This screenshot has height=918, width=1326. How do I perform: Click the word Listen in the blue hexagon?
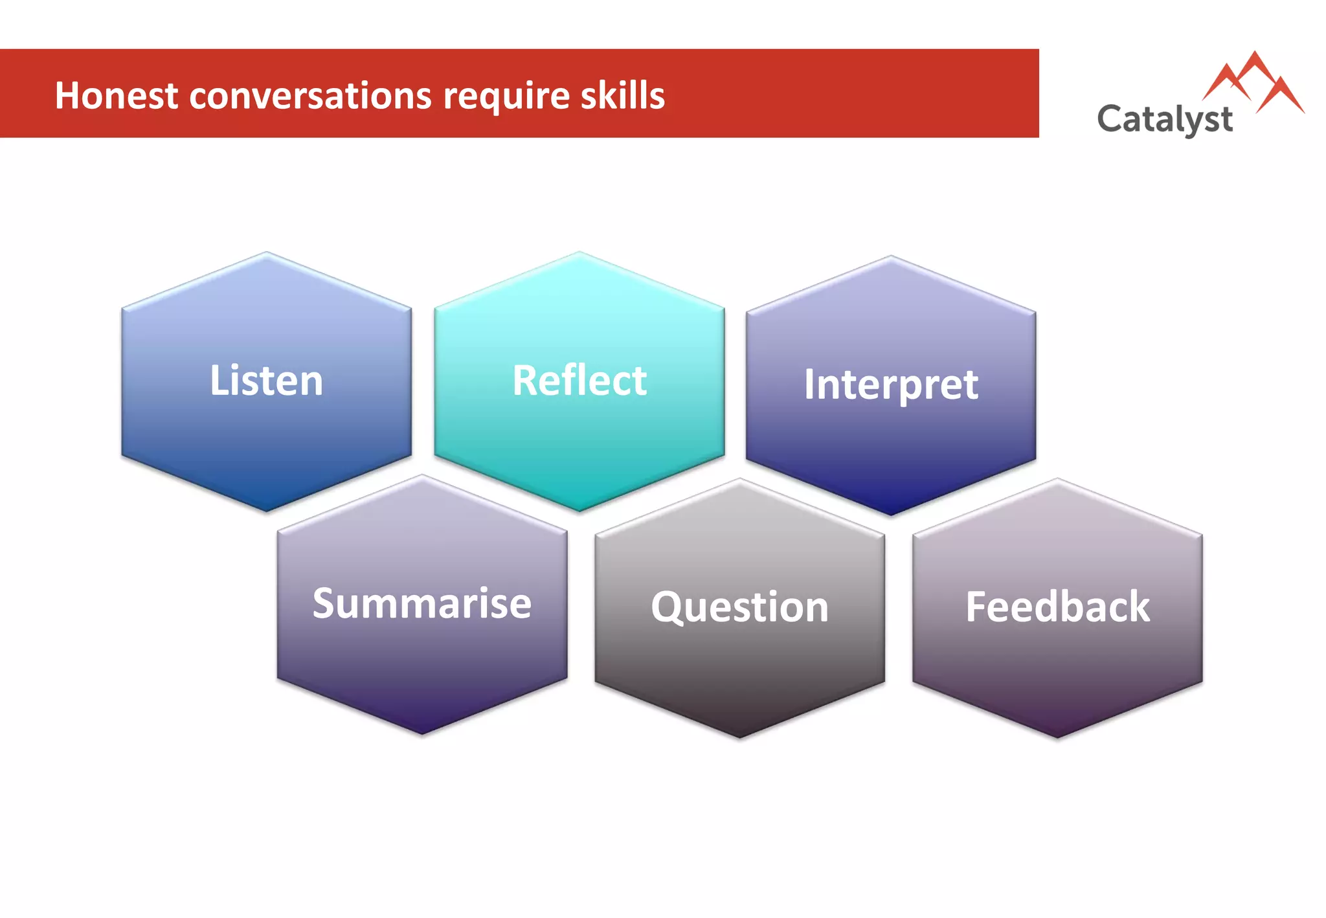pyautogui.click(x=266, y=381)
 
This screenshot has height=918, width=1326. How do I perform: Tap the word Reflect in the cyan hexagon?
pyautogui.click(x=579, y=381)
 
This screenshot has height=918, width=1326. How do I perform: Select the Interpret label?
pyautogui.click(x=891, y=385)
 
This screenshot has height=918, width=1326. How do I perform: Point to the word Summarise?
pyautogui.click(x=422, y=603)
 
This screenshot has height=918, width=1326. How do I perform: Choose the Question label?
pyautogui.click(x=740, y=607)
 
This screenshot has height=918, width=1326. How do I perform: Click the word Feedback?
pyautogui.click(x=1057, y=607)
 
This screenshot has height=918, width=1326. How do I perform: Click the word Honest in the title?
pyautogui.click(x=117, y=96)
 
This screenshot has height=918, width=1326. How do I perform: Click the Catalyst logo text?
pyautogui.click(x=1165, y=120)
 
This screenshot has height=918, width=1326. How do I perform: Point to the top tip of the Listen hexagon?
pyautogui.click(x=266, y=254)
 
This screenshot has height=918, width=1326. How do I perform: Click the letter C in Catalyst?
pyautogui.click(x=1111, y=118)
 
